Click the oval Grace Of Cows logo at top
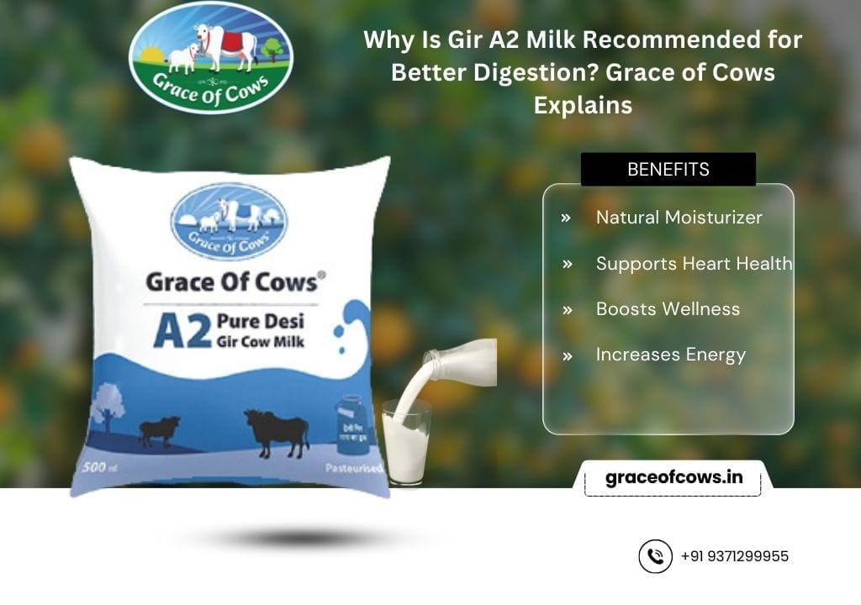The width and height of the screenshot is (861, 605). [x=211, y=57]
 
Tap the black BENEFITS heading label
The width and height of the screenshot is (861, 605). [x=668, y=169]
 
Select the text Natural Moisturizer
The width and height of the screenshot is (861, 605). [x=679, y=218]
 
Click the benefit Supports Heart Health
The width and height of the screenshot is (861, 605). [x=694, y=263]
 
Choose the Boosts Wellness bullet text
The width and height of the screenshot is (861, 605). [x=668, y=308]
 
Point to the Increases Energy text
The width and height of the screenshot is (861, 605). [x=670, y=355]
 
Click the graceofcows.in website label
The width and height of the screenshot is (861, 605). [x=673, y=478]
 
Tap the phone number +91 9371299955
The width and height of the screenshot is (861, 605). [x=734, y=556]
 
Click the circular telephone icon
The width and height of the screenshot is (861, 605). [x=655, y=556]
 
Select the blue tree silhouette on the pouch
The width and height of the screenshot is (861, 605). [x=108, y=407]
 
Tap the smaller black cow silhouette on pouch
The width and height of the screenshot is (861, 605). [x=159, y=430]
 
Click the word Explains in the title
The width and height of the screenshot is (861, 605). [x=582, y=106]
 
